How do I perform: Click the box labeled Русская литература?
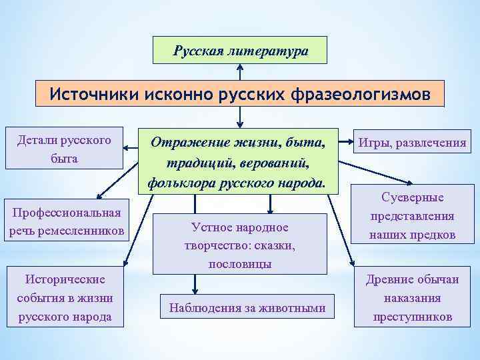[x=240, y=50]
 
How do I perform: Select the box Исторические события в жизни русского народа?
[x=64, y=297]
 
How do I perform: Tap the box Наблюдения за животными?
[x=247, y=308]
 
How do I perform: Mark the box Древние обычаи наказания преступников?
[x=413, y=298]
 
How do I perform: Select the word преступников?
[x=413, y=317]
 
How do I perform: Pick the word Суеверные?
[x=412, y=198]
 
